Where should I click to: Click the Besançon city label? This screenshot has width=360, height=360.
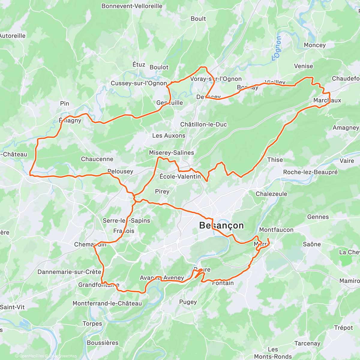[222, 226]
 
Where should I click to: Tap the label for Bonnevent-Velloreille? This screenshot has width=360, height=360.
[132, 6]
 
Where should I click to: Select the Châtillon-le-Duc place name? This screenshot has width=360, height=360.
[203, 124]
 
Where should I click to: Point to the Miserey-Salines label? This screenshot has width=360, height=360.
[171, 153]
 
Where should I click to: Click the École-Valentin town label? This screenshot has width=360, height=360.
[180, 176]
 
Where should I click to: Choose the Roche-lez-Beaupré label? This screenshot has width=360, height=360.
[310, 172]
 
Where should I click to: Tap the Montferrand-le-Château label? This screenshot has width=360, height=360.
[107, 304]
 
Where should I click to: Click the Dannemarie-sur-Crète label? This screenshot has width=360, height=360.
[69, 272]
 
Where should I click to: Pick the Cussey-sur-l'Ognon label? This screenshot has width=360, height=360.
[139, 83]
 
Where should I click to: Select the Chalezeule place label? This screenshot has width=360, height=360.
[271, 194]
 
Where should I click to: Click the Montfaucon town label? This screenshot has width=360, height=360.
[276, 230]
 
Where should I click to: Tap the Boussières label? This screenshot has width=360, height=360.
[103, 343]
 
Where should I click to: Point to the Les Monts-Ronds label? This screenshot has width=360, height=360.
[273, 353]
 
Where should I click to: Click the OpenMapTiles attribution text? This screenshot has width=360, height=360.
[29, 356]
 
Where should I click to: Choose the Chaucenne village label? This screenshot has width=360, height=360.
[97, 159]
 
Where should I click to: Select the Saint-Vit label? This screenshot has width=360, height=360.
[12, 307]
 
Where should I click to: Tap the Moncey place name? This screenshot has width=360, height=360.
[314, 45]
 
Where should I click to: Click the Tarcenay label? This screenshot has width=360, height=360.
[307, 343]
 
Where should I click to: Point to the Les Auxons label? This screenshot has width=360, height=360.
[169, 136]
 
